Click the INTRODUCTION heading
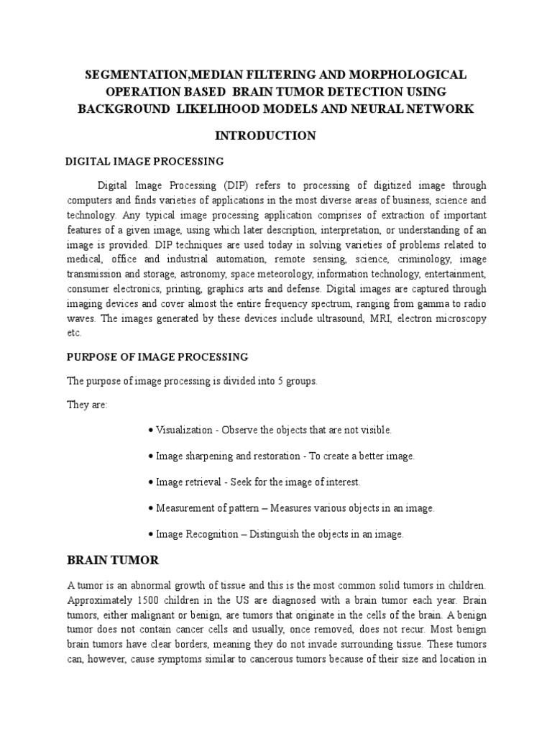[x=275, y=135]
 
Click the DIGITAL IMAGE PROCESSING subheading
[x=144, y=161]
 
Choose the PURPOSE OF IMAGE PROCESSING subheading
[x=157, y=357]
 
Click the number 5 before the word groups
[x=278, y=381]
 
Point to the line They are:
[x=87, y=405]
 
